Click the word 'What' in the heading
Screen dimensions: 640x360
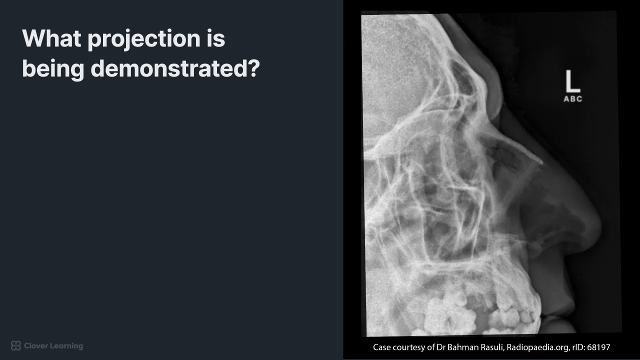click(x=51, y=38)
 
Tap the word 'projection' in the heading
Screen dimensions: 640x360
click(x=144, y=39)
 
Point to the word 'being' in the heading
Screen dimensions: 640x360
click(x=53, y=69)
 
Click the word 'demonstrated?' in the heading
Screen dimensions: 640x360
click(x=175, y=68)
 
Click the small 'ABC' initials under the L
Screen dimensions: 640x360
click(x=573, y=99)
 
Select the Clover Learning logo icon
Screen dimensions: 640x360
click(x=16, y=345)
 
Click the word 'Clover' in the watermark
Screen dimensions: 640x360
click(x=35, y=345)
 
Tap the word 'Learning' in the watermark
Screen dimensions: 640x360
click(x=65, y=346)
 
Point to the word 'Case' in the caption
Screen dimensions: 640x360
click(x=381, y=347)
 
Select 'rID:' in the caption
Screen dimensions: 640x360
click(x=578, y=347)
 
